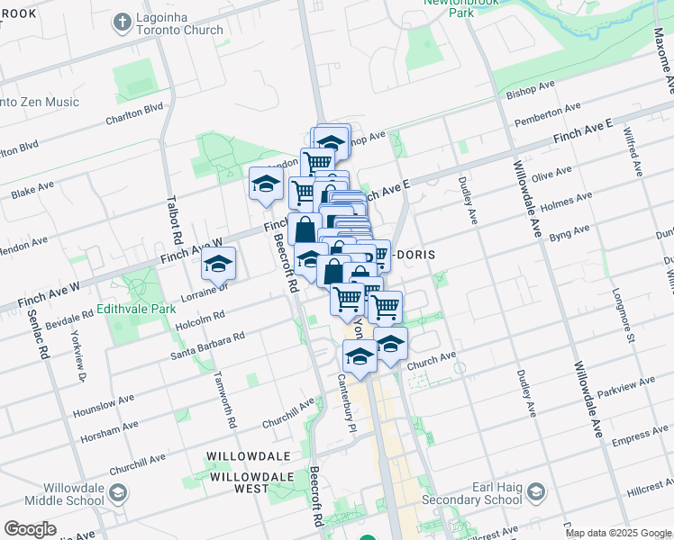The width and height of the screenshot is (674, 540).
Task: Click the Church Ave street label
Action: click(431, 359)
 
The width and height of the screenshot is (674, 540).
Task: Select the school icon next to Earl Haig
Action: click(536, 492)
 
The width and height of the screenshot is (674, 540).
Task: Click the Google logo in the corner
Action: click(30, 529)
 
